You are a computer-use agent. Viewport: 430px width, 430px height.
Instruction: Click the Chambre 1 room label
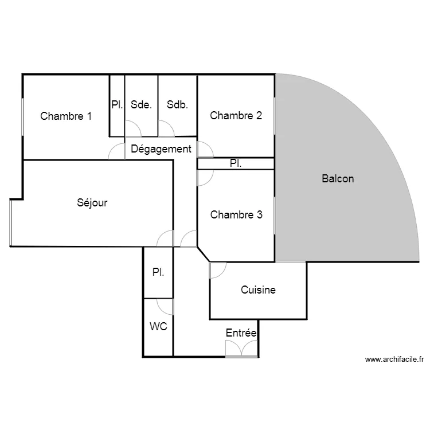(66, 116)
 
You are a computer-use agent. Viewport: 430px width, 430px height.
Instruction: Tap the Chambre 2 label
(236, 116)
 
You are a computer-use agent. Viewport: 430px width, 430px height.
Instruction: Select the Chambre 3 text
(236, 215)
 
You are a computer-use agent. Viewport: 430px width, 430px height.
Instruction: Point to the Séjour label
(92, 202)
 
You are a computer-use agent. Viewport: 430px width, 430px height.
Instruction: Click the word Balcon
(338, 179)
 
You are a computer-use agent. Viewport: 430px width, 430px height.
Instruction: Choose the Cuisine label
(258, 290)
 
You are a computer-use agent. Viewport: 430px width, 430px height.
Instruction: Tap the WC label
(158, 327)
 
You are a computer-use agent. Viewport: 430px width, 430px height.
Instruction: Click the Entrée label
(241, 333)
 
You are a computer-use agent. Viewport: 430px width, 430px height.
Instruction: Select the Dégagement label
(161, 149)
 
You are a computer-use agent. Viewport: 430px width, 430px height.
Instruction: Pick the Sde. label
(141, 105)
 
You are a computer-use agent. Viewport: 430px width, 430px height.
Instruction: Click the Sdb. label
(178, 105)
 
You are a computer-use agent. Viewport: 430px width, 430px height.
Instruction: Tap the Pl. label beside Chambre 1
(117, 105)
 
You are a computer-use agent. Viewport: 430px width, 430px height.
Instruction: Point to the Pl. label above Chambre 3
(236, 163)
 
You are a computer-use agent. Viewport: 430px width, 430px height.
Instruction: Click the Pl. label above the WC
(158, 273)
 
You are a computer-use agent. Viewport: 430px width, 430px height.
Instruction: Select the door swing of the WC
(166, 306)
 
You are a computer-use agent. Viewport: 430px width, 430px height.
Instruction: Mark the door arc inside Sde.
(132, 129)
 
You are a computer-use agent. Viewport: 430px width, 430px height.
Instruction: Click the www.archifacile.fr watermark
(394, 360)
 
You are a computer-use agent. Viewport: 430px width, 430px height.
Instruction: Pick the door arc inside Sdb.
(167, 129)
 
